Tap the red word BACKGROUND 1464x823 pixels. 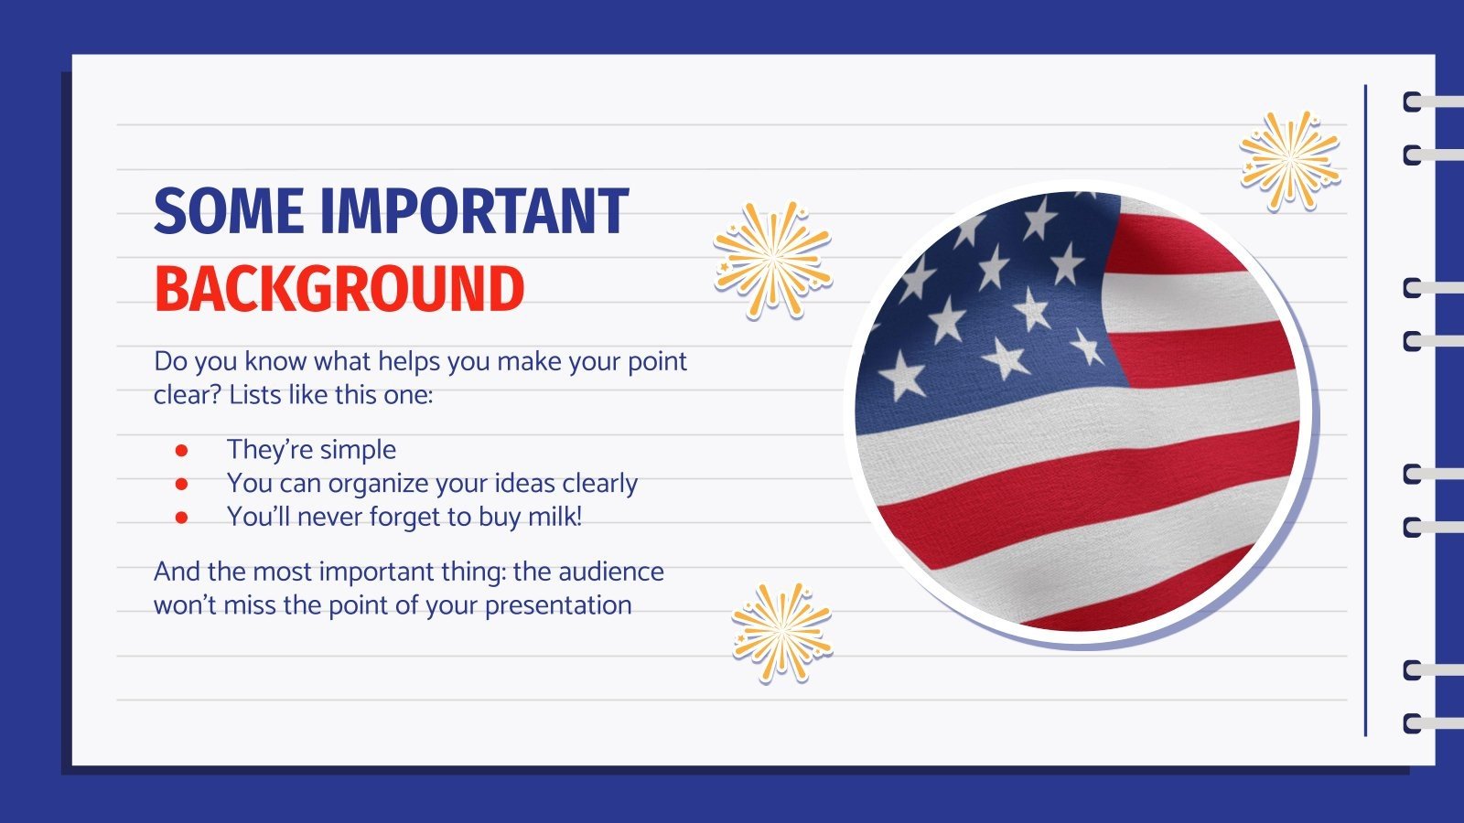[x=339, y=289]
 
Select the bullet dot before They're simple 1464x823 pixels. [x=181, y=450]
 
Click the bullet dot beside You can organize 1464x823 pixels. [x=181, y=484]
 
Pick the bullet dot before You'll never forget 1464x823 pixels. [x=181, y=518]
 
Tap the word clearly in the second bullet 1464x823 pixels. [x=599, y=484]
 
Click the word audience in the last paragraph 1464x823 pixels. [x=610, y=572]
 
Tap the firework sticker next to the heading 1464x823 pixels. [x=772, y=260]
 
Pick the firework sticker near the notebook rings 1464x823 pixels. [x=1290, y=159]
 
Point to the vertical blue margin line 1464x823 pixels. [x=1365, y=411]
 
